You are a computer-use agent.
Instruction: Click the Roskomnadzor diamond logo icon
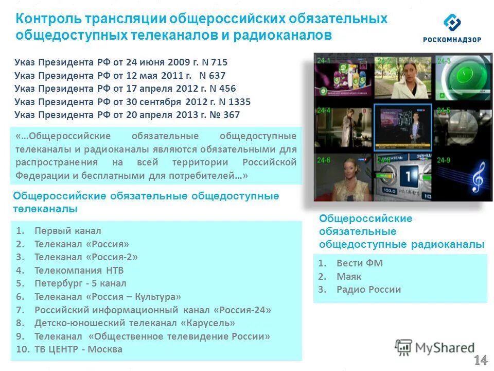[x=452, y=23]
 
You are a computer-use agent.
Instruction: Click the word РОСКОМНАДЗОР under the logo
[x=452, y=40]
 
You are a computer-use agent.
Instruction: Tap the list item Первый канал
[x=67, y=231]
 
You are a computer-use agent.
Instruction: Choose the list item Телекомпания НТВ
[x=79, y=270]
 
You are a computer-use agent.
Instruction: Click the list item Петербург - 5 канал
[x=80, y=283]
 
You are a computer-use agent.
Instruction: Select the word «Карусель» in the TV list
[x=208, y=323]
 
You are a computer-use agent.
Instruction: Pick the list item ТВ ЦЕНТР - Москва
[x=78, y=349]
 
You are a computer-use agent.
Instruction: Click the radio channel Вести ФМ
[x=359, y=263]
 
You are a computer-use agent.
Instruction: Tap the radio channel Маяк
[x=349, y=277]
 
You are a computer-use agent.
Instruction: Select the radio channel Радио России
[x=368, y=290]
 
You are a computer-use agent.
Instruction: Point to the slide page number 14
[x=481, y=360]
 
